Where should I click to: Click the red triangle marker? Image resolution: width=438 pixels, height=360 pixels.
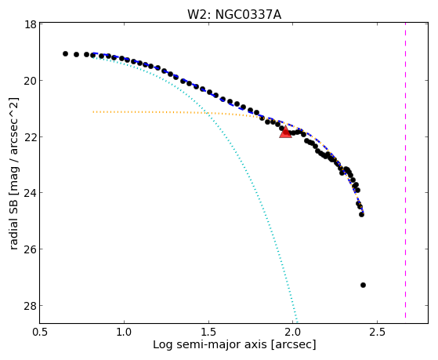285,133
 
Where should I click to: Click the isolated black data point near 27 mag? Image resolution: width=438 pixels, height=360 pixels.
363,285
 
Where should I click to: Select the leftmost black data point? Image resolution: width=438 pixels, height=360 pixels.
65,53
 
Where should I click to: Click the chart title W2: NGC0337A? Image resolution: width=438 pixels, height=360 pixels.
234,15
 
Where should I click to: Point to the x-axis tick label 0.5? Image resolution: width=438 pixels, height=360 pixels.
40,332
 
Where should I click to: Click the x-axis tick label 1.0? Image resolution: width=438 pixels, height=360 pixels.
124,332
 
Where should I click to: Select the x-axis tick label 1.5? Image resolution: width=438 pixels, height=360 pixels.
208,332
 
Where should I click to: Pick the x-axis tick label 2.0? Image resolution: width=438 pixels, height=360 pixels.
293,332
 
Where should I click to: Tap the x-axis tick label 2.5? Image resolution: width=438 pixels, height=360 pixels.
377,332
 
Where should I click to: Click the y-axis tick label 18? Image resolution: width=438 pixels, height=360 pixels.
31,24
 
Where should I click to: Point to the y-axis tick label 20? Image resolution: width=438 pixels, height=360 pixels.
31,81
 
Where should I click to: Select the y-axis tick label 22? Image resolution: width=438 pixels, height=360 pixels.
31,136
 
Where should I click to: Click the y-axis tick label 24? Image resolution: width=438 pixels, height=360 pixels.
31,193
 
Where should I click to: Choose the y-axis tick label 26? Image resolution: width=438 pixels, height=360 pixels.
31,249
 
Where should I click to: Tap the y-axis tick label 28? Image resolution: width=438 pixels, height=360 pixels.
31,305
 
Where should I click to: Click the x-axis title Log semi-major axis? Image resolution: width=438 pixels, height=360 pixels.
210,344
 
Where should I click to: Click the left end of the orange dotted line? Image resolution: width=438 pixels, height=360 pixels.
93,112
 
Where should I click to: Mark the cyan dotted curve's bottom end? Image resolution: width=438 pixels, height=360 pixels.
297,322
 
